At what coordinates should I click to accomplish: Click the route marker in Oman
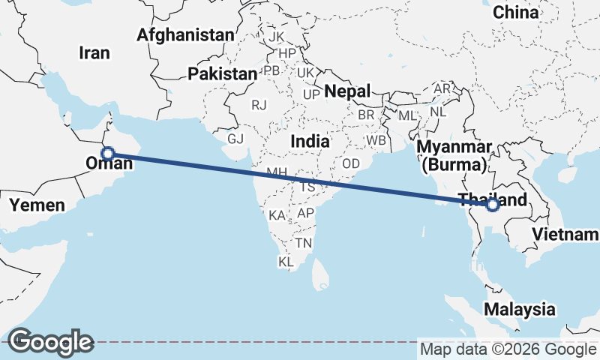pos(107,154)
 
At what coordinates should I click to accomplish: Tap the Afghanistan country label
pos(185,34)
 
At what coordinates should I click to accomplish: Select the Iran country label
pos(94,52)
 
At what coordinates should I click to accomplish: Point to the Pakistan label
pos(222,73)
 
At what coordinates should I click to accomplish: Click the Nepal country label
pos(348,91)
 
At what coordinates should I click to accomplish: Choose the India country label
pos(310,141)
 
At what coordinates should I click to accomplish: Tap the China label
pos(516,12)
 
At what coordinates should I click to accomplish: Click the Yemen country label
pos(37,204)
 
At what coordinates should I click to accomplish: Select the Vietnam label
pos(565,235)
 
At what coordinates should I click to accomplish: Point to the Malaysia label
pos(520,309)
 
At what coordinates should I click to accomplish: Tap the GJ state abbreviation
pos(236,139)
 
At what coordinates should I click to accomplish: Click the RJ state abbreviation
pos(259,105)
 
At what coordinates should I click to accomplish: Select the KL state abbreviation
pos(286,262)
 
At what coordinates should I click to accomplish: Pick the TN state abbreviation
pos(304,243)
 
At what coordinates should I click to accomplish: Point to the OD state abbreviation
pos(351,163)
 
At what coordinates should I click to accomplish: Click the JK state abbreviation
pos(277,37)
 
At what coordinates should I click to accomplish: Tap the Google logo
pos(50,342)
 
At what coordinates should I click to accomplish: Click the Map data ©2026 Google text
pos(508,349)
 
